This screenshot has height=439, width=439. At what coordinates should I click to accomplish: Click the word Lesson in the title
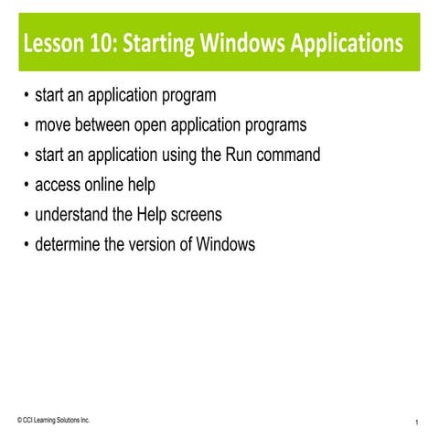(55, 43)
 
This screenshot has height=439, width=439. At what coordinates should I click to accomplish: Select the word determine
(70, 245)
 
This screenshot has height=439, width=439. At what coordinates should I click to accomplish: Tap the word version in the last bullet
(147, 245)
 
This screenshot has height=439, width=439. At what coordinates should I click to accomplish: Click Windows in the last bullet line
(225, 245)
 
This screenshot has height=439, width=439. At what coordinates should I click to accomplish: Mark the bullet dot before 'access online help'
(26, 186)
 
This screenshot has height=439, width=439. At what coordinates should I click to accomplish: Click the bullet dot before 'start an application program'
(26, 95)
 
